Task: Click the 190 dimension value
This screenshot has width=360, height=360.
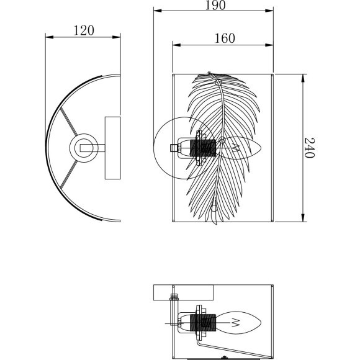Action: [215, 6]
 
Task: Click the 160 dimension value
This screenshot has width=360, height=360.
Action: [225, 38]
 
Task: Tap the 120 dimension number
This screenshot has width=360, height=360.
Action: [84, 30]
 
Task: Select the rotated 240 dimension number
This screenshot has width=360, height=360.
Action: [309, 148]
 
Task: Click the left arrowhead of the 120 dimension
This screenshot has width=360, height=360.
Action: [50, 37]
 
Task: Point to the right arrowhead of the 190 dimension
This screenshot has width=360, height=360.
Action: [269, 11]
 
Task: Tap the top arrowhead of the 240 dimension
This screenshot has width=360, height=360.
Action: [303, 78]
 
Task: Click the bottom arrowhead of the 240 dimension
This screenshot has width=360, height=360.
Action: [303, 218]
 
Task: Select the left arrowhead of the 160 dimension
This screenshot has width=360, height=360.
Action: [176, 45]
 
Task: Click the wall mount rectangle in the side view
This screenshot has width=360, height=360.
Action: [113, 148]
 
